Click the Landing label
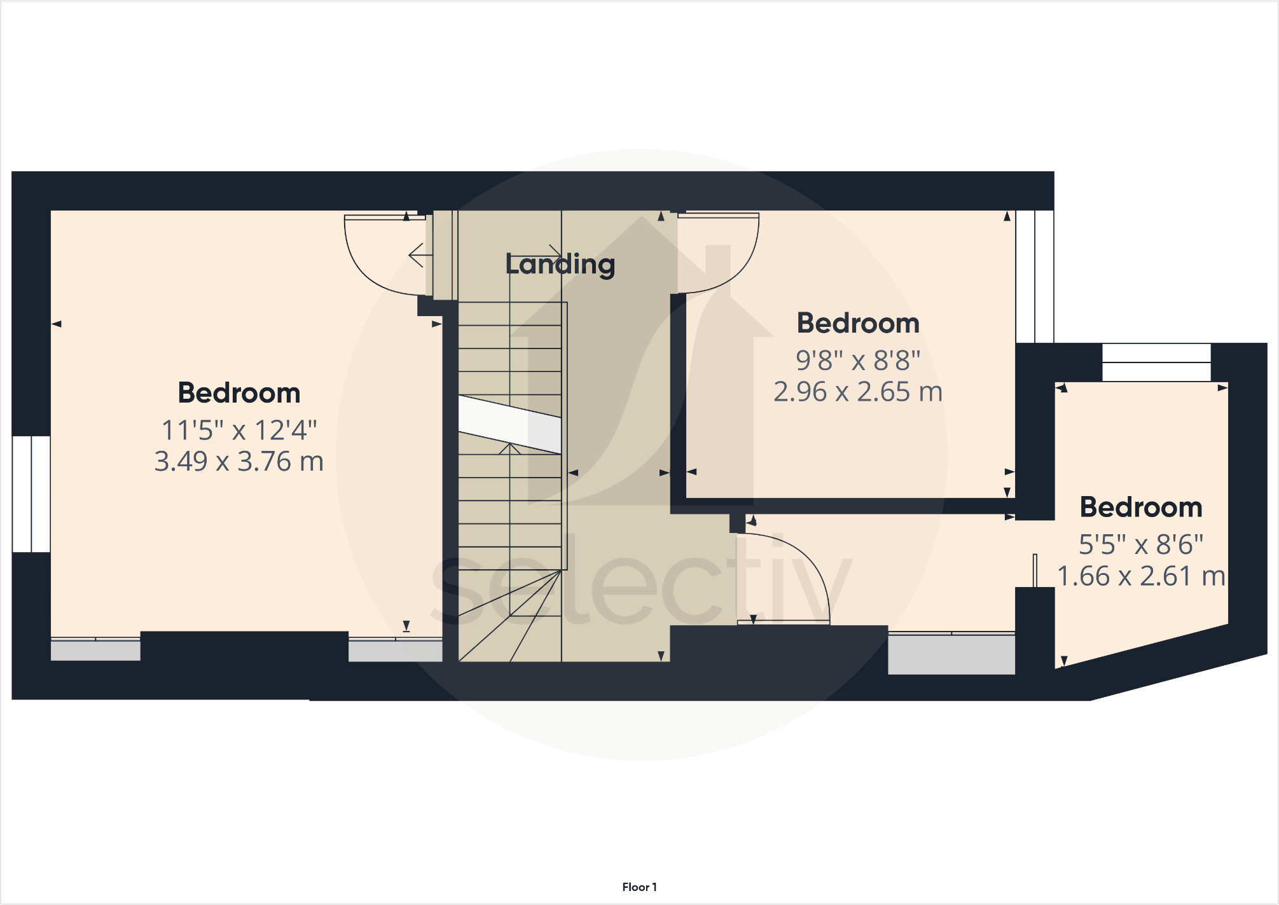coord(560,265)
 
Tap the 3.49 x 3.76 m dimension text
coord(239,462)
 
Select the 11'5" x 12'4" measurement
coord(239,431)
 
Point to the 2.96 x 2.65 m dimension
coord(858,392)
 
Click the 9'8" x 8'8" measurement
coord(858,361)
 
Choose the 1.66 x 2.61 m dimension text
coord(1141,576)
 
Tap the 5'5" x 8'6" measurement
coord(1141,545)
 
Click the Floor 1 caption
coord(639,887)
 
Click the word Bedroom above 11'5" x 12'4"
coord(239,393)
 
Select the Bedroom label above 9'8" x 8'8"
coord(858,323)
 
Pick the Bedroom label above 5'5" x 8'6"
coord(1141,508)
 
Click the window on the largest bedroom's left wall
coord(31,494)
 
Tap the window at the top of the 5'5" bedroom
coord(1156,363)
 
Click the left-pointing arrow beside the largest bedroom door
coord(417,256)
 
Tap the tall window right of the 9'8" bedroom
coord(1035,277)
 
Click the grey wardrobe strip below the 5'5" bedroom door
coord(951,654)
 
